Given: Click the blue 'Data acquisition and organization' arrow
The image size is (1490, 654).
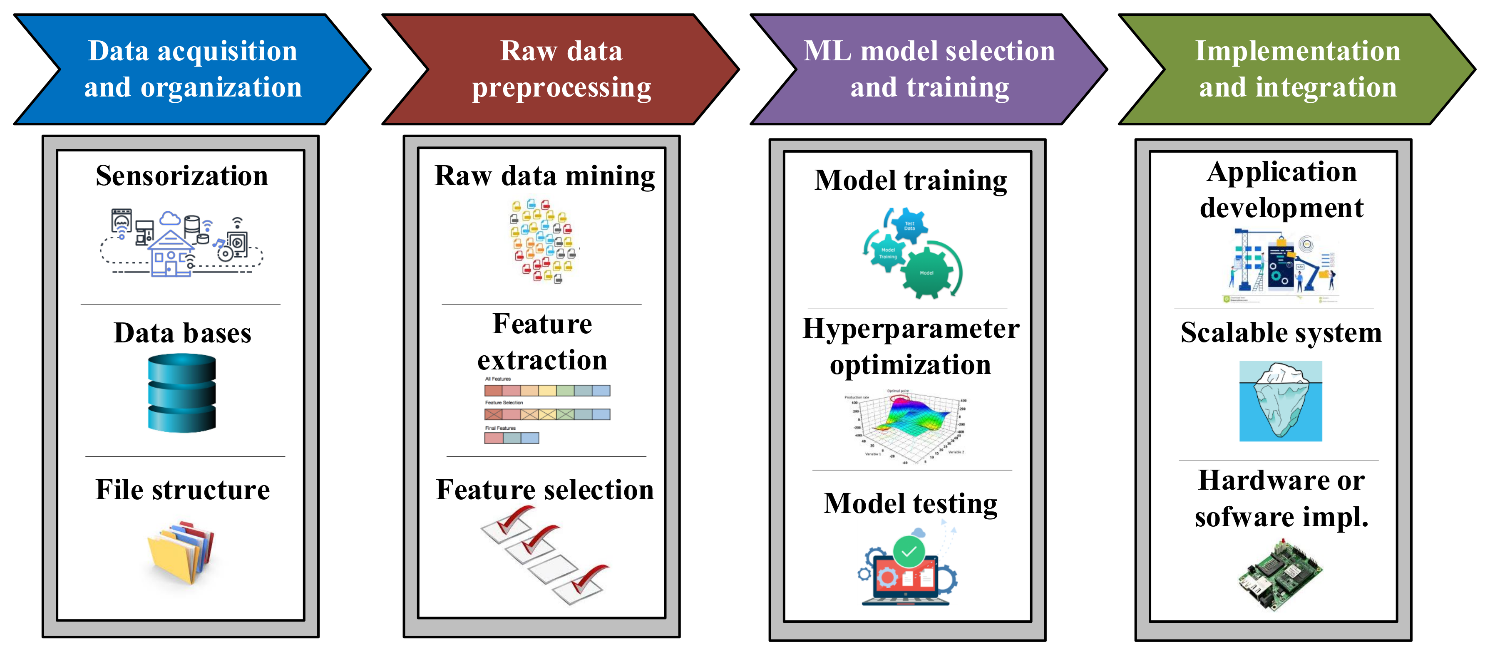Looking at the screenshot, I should click(193, 69).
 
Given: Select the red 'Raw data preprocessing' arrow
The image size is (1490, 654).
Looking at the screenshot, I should click(561, 69).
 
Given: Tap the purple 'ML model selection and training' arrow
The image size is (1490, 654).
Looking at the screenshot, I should click(929, 69).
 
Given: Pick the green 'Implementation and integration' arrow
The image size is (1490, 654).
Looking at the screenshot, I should click(1297, 69).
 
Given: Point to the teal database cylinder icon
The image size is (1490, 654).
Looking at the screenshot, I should click(181, 393).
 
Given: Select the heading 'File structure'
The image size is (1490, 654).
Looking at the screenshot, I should click(183, 490).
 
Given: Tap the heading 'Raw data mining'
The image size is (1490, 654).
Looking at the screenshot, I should click(544, 176).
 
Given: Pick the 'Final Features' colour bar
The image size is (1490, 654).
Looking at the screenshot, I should click(512, 438).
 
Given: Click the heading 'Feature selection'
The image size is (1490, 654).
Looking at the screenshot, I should click(545, 490).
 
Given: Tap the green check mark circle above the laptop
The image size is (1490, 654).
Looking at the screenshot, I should click(909, 551).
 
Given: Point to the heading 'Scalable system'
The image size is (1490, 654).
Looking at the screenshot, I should click(1281, 333).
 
